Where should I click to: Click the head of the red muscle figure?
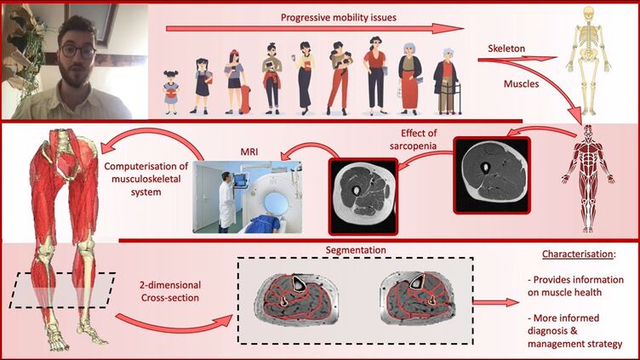pos(587,134)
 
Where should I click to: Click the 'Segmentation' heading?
pos(355,250)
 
